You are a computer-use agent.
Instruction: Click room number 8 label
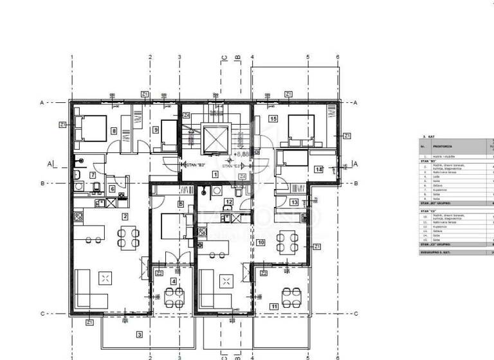[114, 131]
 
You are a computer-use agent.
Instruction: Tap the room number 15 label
[273, 119]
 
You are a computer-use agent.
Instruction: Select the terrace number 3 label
[139, 334]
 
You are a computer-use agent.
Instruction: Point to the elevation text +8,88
[243, 154]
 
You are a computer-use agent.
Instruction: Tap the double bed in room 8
[91, 127]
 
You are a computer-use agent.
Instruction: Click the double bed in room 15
[299, 128]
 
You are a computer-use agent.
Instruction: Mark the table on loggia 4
[174, 296]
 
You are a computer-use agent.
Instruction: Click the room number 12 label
[228, 201]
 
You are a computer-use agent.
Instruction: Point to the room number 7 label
[93, 175]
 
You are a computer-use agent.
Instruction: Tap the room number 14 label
[318, 169]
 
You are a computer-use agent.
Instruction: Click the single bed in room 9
[169, 131]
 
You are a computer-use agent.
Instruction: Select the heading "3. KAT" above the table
[425, 137]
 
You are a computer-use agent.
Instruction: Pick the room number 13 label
[293, 203]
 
